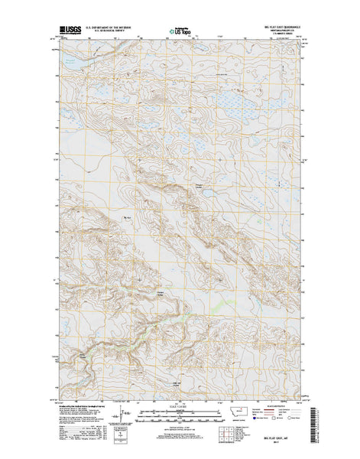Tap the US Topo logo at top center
click(180, 33)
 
